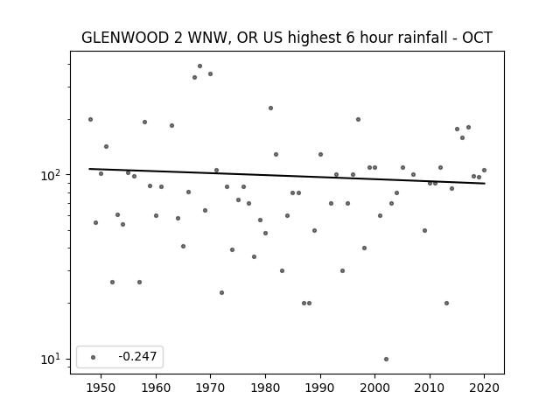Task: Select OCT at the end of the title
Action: pyautogui.click(x=478, y=38)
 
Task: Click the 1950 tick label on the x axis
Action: pyautogui.click(x=101, y=388)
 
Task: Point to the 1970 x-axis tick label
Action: pyautogui.click(x=210, y=388)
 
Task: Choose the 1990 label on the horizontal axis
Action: pyautogui.click(x=320, y=388)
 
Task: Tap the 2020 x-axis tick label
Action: pyautogui.click(x=484, y=388)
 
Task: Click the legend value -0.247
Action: pyautogui.click(x=137, y=356)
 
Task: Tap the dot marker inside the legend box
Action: pyautogui.click(x=94, y=357)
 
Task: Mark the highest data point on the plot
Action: pyautogui.click(x=200, y=66)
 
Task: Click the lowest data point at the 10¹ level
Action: pyautogui.click(x=386, y=359)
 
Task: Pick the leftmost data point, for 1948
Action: pyautogui.click(x=90, y=119)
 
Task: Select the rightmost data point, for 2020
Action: pyautogui.click(x=484, y=170)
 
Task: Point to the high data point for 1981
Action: pyautogui.click(x=270, y=108)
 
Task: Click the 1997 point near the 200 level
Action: pyautogui.click(x=358, y=119)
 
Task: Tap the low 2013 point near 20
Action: pyautogui.click(x=446, y=304)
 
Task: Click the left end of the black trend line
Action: pyautogui.click(x=89, y=169)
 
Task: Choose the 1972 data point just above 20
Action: pyautogui.click(x=221, y=292)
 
